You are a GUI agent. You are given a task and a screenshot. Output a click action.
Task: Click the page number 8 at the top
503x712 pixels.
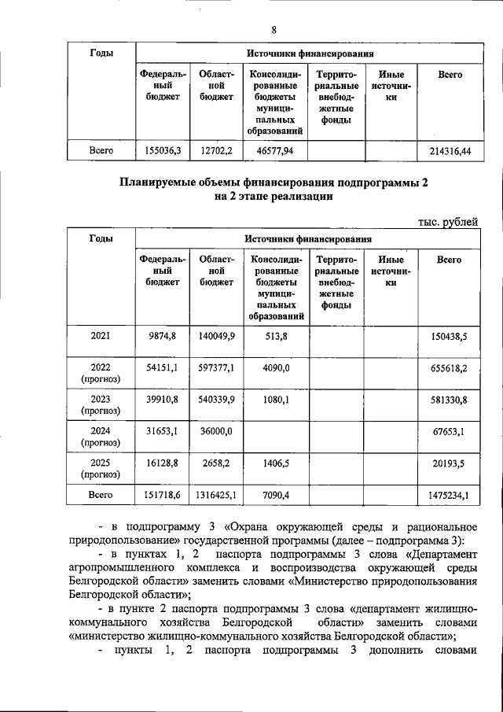pyautogui.click(x=274, y=30)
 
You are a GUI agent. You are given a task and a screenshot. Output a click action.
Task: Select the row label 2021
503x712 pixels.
pyautogui.click(x=100, y=336)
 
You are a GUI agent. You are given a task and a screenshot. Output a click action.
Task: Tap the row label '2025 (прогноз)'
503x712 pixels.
pyautogui.click(x=100, y=469)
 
